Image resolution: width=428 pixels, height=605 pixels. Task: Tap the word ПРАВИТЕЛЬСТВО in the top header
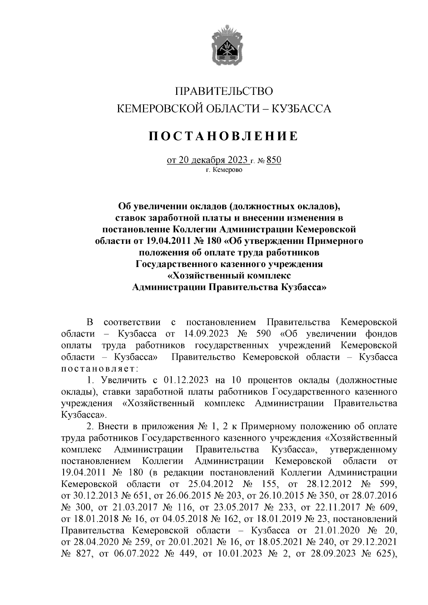[x=224, y=91]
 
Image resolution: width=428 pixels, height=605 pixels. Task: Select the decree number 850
[x=274, y=160]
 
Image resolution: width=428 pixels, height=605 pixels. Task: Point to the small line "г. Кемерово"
[x=224, y=170]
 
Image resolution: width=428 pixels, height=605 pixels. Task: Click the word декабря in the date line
[x=207, y=160]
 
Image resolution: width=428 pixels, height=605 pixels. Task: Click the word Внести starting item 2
[x=114, y=426]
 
